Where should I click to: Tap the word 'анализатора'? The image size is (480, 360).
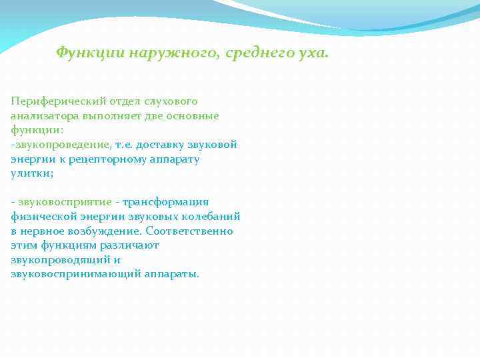[43, 116]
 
